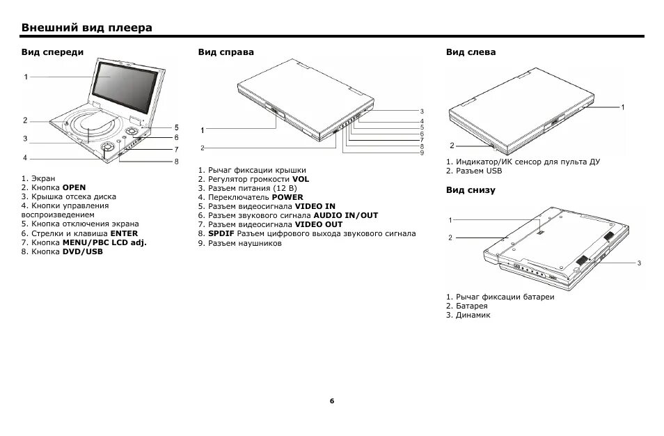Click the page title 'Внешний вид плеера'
(x=86, y=28)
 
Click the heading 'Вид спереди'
(x=52, y=52)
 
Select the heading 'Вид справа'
(x=226, y=52)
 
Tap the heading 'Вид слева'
(x=471, y=52)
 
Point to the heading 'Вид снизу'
(x=471, y=190)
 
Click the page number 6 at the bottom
(x=332, y=401)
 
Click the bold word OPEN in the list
(x=74, y=187)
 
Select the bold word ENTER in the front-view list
(x=124, y=233)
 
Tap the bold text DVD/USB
(x=82, y=251)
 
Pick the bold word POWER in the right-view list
(x=287, y=197)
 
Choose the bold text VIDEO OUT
(x=319, y=225)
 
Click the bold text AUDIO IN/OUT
(x=326, y=216)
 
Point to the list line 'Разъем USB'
(x=477, y=171)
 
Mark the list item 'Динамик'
(x=473, y=316)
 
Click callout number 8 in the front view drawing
(x=177, y=162)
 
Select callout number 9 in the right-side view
(x=422, y=153)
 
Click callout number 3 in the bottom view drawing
(x=638, y=263)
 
